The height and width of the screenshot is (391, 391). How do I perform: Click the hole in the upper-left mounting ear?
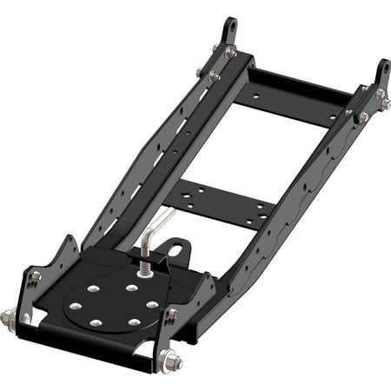(x=229, y=28)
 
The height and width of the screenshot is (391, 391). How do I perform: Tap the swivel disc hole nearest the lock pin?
(x=131, y=288)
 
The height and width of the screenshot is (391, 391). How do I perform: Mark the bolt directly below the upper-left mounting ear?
(x=230, y=54)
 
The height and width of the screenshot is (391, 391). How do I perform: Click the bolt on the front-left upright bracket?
(x=35, y=278)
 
